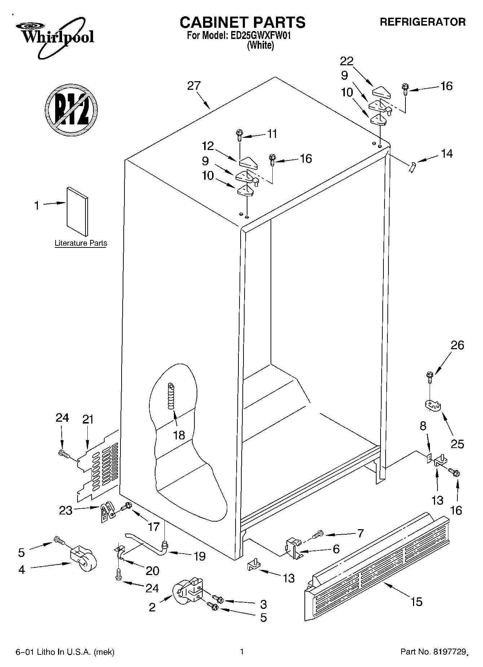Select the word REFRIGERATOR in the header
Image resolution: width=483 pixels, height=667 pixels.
[422, 22]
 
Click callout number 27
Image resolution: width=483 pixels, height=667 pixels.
[194, 86]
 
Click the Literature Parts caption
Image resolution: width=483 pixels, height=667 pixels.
[81, 243]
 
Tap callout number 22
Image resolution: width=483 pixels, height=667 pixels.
[347, 61]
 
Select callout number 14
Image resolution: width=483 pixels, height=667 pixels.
[447, 154]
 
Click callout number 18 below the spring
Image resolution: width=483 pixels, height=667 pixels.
[179, 435]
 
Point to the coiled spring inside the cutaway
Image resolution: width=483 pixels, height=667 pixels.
[171, 396]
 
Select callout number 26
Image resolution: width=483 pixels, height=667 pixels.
[457, 345]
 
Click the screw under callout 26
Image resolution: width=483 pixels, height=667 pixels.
[430, 377]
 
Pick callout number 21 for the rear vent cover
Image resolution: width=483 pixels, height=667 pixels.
[88, 419]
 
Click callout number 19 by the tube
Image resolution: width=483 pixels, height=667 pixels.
[199, 556]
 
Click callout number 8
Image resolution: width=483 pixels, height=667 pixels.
[423, 426]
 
